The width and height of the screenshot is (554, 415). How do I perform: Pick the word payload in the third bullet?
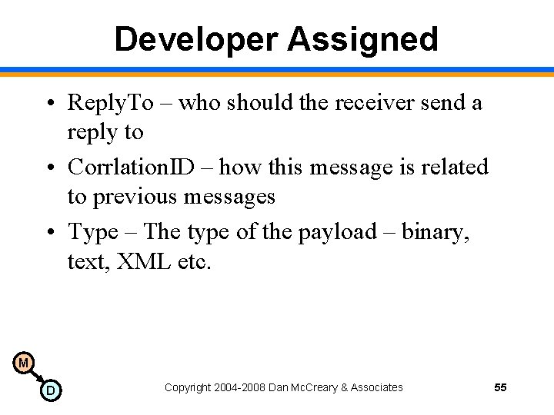(x=334, y=231)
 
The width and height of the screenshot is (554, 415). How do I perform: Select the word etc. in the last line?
(x=193, y=262)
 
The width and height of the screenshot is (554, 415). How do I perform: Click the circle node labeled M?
(x=24, y=362)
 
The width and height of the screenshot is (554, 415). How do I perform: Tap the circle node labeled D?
(x=50, y=391)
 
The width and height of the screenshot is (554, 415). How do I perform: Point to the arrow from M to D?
(x=37, y=377)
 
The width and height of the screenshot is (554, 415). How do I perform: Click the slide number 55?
(x=500, y=387)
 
